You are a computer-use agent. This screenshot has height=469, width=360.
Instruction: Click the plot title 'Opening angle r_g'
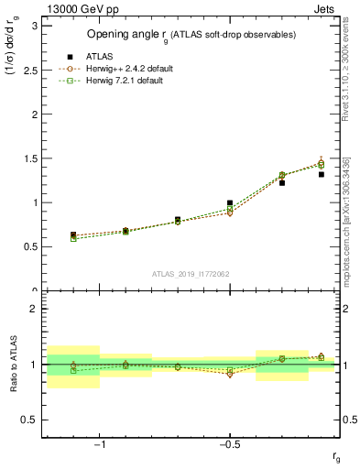coord(190,34)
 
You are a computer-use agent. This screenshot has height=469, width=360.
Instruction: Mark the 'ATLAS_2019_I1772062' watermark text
coord(191,274)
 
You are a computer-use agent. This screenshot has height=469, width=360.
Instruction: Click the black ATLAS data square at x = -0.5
coord(230,202)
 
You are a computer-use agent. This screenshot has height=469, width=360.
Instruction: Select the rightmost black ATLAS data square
coord(321,174)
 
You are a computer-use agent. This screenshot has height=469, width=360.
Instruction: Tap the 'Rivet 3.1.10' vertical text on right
coord(345,82)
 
